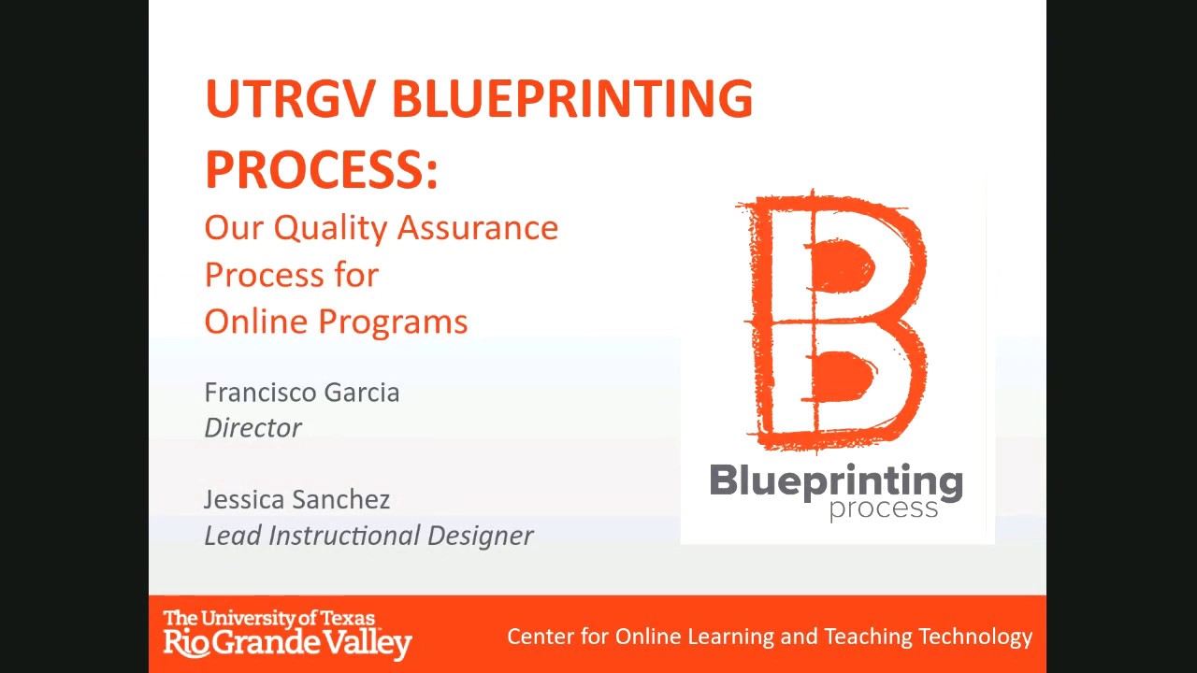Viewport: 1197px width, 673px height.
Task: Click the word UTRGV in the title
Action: click(290, 99)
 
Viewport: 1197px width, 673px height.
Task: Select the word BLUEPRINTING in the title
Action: click(571, 99)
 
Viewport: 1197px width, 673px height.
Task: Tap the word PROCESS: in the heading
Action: click(321, 169)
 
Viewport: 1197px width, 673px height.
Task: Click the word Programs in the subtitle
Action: click(393, 322)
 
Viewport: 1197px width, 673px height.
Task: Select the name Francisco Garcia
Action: click(301, 393)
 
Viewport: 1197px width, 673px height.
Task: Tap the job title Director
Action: click(252, 427)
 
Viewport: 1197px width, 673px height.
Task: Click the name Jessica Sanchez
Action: click(296, 499)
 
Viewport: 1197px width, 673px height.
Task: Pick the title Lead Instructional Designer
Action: click(368, 535)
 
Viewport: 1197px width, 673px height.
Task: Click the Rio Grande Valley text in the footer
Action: click(287, 642)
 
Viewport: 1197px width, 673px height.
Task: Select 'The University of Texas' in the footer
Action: click(268, 618)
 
